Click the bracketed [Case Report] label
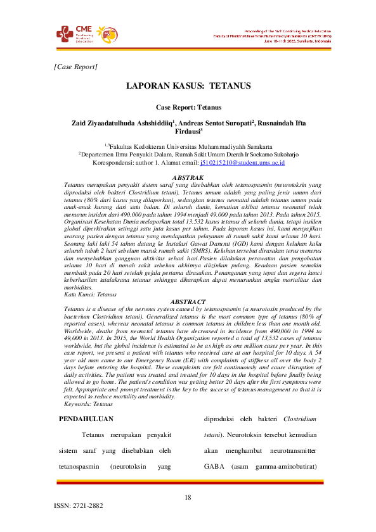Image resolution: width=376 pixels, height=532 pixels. tap(76, 66)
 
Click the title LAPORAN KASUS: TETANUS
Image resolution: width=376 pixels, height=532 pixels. tap(188, 85)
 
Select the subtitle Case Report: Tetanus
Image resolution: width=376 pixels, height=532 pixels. tap(188, 108)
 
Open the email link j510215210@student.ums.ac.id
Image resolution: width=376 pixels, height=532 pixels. tap(242, 163)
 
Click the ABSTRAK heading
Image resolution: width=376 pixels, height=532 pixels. tap(188, 177)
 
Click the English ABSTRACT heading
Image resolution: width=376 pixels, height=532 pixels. tap(188, 301)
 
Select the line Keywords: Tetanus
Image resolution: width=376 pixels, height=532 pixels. tap(81, 403)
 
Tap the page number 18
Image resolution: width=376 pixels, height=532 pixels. tap(188, 497)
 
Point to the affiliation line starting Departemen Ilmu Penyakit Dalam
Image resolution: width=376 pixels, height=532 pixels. tap(188, 154)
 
